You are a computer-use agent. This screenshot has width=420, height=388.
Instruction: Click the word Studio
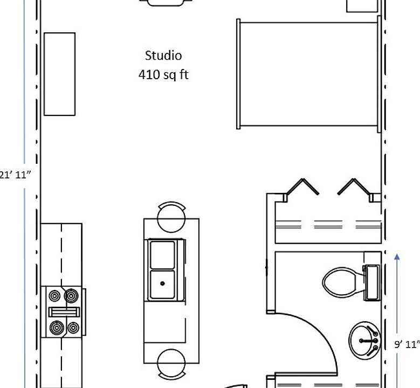click(163, 56)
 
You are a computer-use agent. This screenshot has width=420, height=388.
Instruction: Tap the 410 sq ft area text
click(163, 75)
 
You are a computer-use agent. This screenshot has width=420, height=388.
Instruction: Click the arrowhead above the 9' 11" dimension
click(397, 258)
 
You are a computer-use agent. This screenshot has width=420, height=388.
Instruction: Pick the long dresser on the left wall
click(59, 74)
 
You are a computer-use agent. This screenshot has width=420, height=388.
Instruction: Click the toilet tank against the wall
click(372, 282)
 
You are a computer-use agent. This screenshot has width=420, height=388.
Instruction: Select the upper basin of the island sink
click(162, 254)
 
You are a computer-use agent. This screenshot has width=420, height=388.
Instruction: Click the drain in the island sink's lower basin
click(162, 282)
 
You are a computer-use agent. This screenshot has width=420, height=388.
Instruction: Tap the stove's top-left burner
click(55, 296)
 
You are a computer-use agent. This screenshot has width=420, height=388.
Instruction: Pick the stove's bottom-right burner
click(73, 328)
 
